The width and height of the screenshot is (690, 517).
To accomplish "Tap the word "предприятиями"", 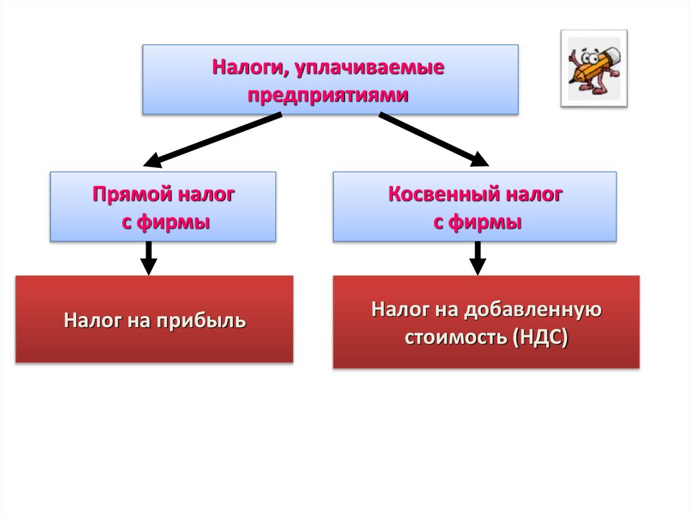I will tap(328, 95).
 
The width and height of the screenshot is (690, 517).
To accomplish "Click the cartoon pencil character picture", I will tap(593, 67).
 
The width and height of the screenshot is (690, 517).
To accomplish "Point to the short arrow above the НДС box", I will tap(477, 258).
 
